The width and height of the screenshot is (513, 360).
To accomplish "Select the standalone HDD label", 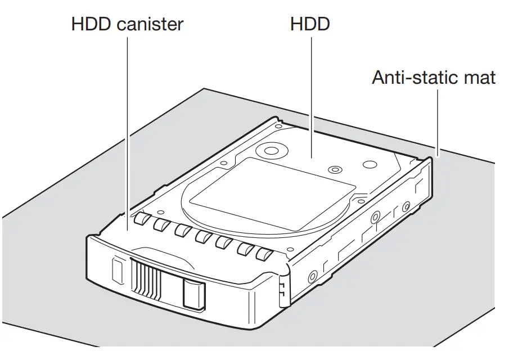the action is click(310, 25).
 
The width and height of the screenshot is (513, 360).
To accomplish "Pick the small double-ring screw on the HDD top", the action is click(336, 169).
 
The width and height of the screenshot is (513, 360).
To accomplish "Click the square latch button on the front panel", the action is click(194, 294).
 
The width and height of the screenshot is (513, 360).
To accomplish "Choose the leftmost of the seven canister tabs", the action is click(141, 219).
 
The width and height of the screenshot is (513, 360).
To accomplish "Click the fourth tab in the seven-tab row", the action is click(202, 237).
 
